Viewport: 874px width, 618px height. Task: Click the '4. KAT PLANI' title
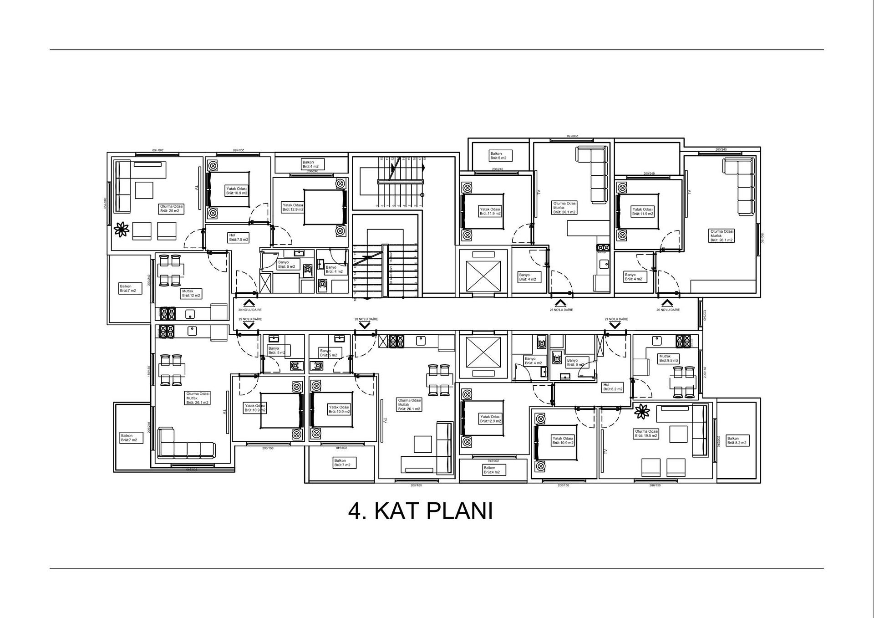click(x=420, y=511)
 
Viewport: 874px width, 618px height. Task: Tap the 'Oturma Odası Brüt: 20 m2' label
click(x=172, y=209)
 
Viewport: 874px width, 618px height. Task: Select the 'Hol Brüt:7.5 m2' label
click(x=239, y=237)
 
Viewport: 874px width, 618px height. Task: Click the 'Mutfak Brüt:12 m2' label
click(x=191, y=293)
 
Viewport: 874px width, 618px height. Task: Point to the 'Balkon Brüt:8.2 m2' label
click(x=737, y=440)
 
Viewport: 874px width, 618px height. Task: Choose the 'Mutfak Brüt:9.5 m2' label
click(x=668, y=358)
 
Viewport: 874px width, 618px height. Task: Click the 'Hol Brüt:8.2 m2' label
click(x=613, y=387)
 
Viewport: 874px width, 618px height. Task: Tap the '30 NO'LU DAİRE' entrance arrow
click(x=249, y=303)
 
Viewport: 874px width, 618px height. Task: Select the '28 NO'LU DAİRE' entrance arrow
click(x=365, y=325)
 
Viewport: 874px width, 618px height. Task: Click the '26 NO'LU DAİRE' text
click(x=668, y=310)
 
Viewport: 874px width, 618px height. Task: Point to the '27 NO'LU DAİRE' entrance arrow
click(x=615, y=325)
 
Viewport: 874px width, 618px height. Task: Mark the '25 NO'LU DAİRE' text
click(x=561, y=310)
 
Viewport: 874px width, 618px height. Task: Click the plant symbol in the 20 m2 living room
click(x=121, y=229)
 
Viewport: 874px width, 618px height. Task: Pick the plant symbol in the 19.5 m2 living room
click(x=642, y=411)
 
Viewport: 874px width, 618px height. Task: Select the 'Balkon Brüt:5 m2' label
click(x=500, y=156)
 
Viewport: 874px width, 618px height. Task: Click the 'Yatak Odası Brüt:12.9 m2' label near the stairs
click(x=293, y=207)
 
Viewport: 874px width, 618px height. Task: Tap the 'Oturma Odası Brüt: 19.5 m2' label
click(x=646, y=434)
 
